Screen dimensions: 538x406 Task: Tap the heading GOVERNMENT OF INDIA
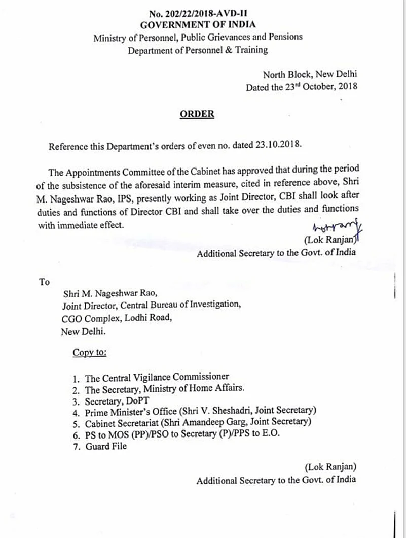coord(198,24)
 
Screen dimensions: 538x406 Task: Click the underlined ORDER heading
coord(197,114)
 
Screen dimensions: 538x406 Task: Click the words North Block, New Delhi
coord(310,74)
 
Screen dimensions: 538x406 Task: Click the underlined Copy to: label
coord(90,352)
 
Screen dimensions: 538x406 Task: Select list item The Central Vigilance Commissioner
coord(157,377)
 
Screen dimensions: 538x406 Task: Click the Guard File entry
coord(105,446)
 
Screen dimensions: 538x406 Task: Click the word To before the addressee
coord(44,281)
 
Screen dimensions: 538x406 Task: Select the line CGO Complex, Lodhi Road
coord(117,318)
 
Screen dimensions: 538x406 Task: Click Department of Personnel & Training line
coord(198,50)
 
